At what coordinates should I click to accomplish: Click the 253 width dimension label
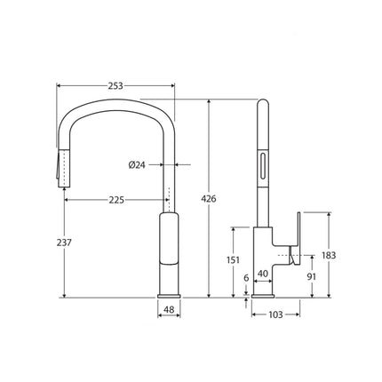pos(115,86)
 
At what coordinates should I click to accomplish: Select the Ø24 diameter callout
pos(139,164)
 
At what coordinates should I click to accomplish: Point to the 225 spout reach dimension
pos(115,200)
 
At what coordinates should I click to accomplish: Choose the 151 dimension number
pos(234,259)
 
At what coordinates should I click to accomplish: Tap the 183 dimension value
pos(329,255)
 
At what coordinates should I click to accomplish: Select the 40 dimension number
pos(263,275)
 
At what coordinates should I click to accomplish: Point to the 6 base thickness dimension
pos(246,278)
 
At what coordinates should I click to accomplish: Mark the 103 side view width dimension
pos(275,313)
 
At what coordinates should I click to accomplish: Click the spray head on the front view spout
pos(62,169)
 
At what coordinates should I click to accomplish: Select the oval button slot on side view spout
pos(263,165)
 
